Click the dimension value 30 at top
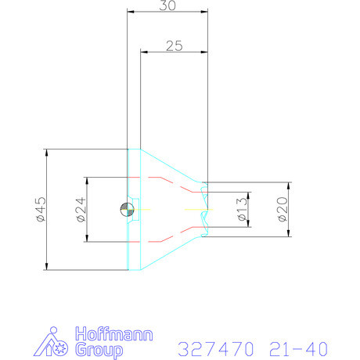tap(167, 5)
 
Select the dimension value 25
tap(175, 46)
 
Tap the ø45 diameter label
tap(41, 210)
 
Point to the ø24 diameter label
tap(81, 210)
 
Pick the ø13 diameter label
tap(243, 210)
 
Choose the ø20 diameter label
tap(283, 209)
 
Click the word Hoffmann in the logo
tap(114, 334)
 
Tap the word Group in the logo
tap(99, 350)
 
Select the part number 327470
tap(215, 348)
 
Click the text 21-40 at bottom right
tap(298, 348)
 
